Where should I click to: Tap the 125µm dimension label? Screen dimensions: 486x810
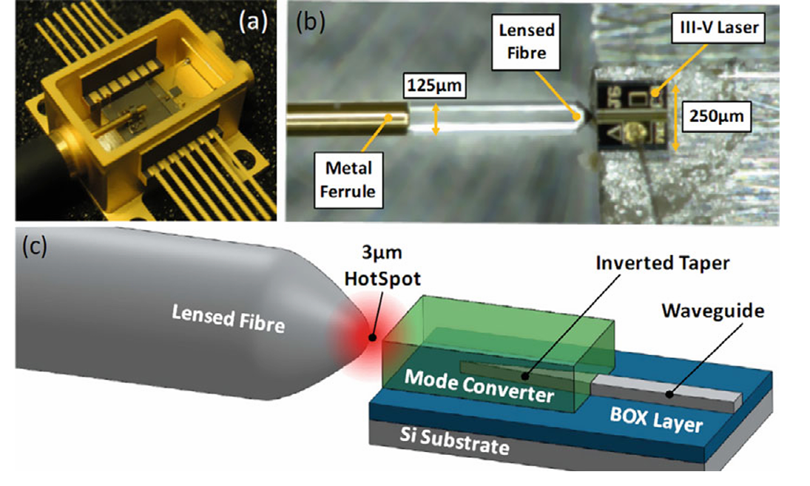(x=435, y=87)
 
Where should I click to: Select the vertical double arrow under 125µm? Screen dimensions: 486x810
(x=436, y=118)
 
